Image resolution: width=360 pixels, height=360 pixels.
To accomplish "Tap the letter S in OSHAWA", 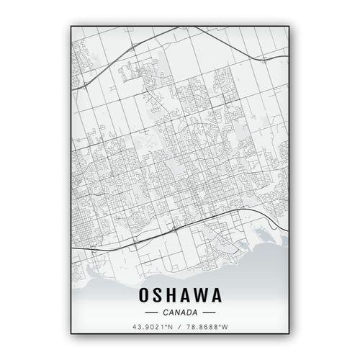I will click(157, 295).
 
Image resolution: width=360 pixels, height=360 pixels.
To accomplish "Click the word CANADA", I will click(180, 312).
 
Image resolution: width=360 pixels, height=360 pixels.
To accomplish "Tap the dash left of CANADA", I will click(151, 313).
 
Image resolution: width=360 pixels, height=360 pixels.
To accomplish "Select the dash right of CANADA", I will click(209, 313).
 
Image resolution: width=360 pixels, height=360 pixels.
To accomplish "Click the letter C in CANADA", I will click(166, 312).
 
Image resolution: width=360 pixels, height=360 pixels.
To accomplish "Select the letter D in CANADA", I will click(189, 312).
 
